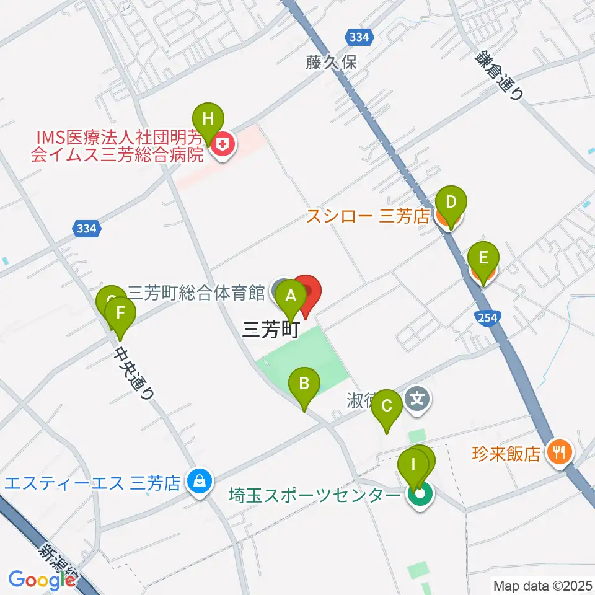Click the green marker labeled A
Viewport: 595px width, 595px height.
(289, 296)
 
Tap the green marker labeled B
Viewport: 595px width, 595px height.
(304, 384)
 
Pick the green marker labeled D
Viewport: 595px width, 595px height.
(451, 203)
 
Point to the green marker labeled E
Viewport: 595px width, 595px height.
(483, 257)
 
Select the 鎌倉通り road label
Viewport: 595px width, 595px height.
(500, 73)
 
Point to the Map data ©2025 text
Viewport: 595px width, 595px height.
(542, 584)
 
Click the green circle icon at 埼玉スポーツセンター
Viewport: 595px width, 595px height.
(420, 495)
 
